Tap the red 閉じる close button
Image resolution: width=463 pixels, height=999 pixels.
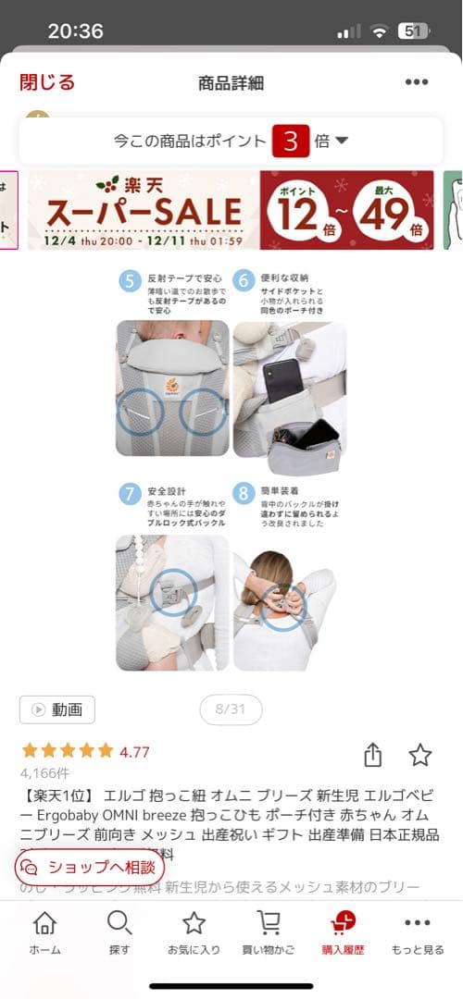point(47,81)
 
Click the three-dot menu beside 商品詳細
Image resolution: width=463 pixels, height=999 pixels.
point(417,82)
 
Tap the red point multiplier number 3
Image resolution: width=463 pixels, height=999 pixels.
point(290,142)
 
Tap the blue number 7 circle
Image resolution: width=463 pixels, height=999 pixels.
point(130,493)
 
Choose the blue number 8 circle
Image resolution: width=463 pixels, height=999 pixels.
point(244,493)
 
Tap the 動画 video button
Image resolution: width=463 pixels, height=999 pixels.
point(57,709)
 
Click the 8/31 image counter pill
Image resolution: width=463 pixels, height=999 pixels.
point(231,709)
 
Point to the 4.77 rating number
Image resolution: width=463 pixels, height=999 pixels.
point(134,752)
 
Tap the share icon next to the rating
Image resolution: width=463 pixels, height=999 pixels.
point(372,755)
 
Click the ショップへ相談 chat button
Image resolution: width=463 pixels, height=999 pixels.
point(90,867)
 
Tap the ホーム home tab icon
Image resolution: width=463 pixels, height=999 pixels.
point(44,923)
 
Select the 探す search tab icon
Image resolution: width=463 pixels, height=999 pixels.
point(119,923)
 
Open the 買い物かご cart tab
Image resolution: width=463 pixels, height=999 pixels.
point(269,923)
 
